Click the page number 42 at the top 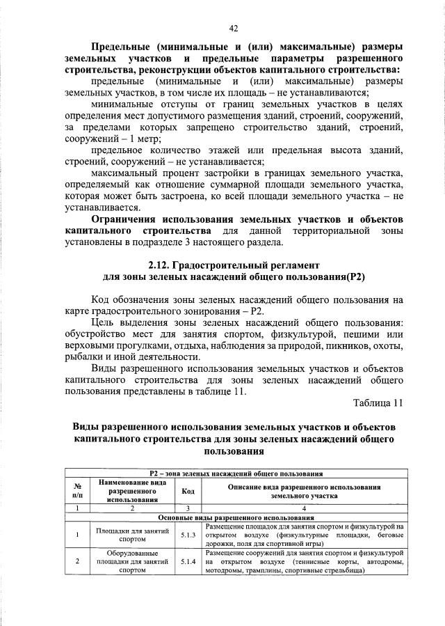[234, 28]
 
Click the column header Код [188, 490]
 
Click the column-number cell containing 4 [305, 509]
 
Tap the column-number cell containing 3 [188, 509]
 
